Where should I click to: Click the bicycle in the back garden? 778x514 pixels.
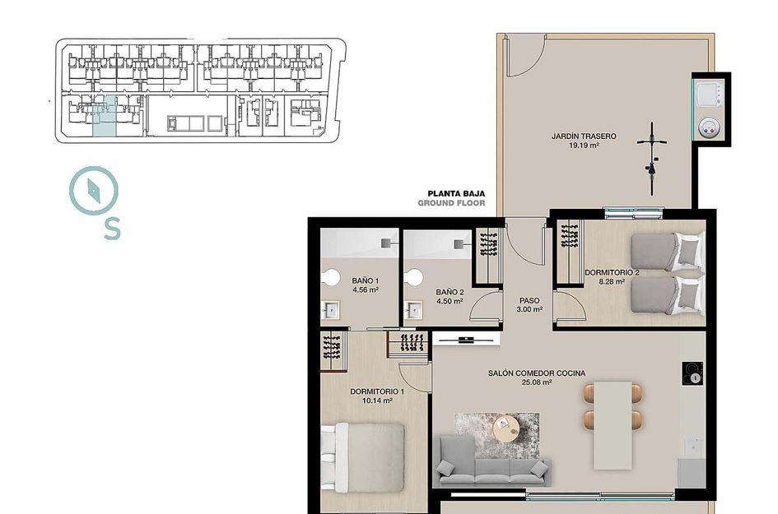(x=652, y=158)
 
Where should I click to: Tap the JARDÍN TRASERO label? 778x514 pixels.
(x=584, y=137)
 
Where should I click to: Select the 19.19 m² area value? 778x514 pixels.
(x=583, y=146)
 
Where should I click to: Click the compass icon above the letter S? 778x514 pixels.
(x=93, y=191)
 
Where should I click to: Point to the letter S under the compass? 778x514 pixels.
(x=112, y=228)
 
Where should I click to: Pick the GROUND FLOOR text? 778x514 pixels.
(x=451, y=203)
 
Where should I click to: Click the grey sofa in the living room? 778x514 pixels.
(x=492, y=461)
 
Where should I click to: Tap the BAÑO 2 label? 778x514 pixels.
(x=450, y=292)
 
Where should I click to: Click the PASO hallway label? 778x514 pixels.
(x=529, y=300)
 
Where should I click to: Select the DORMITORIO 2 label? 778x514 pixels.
(x=612, y=272)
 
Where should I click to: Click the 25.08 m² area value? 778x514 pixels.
(x=536, y=382)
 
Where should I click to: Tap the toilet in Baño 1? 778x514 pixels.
(x=331, y=278)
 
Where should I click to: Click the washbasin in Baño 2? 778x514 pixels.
(x=413, y=310)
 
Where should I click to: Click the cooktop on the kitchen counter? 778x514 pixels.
(x=692, y=373)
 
